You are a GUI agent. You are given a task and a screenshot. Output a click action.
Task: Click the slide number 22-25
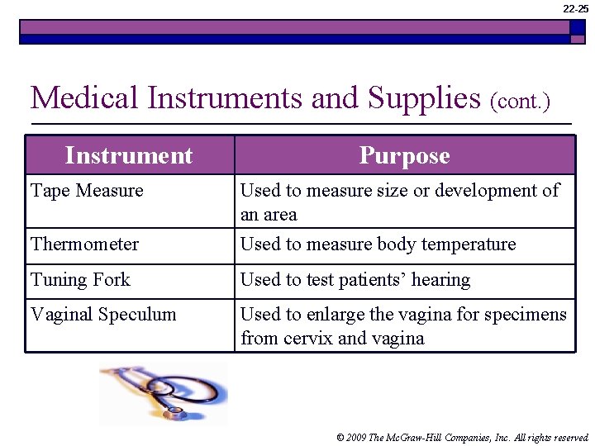[576, 9]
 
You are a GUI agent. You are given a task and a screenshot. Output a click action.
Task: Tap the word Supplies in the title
[424, 98]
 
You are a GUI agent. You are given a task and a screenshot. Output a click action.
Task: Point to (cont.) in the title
[520, 102]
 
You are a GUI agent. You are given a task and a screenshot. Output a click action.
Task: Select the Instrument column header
[129, 155]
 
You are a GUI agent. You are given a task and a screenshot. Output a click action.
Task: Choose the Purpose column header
[404, 155]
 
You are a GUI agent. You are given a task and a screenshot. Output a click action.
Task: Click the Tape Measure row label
[87, 191]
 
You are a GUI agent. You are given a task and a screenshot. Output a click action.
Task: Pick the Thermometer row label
[84, 244]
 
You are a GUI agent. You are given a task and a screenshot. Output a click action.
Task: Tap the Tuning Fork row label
[80, 280]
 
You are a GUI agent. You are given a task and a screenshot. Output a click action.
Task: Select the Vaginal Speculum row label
[103, 315]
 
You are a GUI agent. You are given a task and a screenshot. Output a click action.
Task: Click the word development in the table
[485, 191]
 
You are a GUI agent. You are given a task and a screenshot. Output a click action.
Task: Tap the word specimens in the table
[529, 315]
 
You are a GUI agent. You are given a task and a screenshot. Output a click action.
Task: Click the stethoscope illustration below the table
[164, 392]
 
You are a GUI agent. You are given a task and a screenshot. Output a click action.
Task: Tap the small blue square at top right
[578, 27]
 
